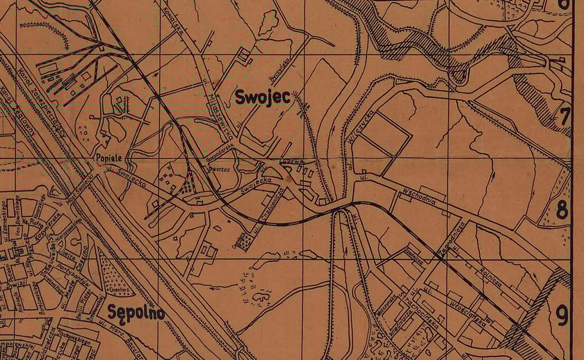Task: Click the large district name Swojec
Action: [262, 97]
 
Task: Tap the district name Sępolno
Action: [136, 313]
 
